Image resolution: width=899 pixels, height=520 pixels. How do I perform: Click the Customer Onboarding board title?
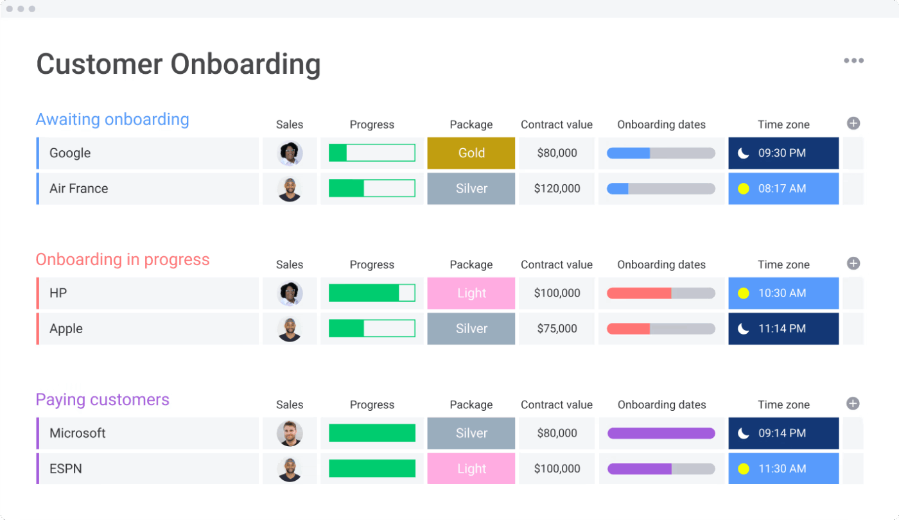coord(179,65)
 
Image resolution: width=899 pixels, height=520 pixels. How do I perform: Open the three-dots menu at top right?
coord(853,60)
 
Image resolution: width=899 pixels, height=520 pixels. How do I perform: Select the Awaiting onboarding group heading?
coord(112,119)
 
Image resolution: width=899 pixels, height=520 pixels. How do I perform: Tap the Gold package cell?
coord(471,153)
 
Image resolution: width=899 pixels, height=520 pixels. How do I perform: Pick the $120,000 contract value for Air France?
coord(557,189)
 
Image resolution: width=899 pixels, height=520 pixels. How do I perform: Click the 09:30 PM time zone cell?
coord(783,153)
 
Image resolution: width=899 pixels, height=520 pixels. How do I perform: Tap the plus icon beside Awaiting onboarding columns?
coord(853,123)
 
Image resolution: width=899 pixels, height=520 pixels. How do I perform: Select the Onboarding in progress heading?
coord(123,259)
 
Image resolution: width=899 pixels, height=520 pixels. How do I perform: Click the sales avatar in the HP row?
coord(290,293)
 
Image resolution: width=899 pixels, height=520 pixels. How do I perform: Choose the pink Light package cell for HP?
coord(471,293)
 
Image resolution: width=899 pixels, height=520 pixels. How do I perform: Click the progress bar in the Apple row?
coord(372,329)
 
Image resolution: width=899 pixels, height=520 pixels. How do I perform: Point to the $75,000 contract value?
coord(557,329)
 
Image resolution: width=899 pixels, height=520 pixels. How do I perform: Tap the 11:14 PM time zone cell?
coord(783,329)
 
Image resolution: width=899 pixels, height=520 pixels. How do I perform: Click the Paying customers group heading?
coord(103,399)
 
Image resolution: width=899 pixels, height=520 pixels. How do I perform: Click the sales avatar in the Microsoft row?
coord(290,433)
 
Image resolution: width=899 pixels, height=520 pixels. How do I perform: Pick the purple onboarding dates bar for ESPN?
coord(661,469)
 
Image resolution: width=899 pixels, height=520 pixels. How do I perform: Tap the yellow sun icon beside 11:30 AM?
coord(744,469)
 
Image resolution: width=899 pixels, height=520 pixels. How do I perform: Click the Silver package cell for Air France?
coord(471,189)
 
